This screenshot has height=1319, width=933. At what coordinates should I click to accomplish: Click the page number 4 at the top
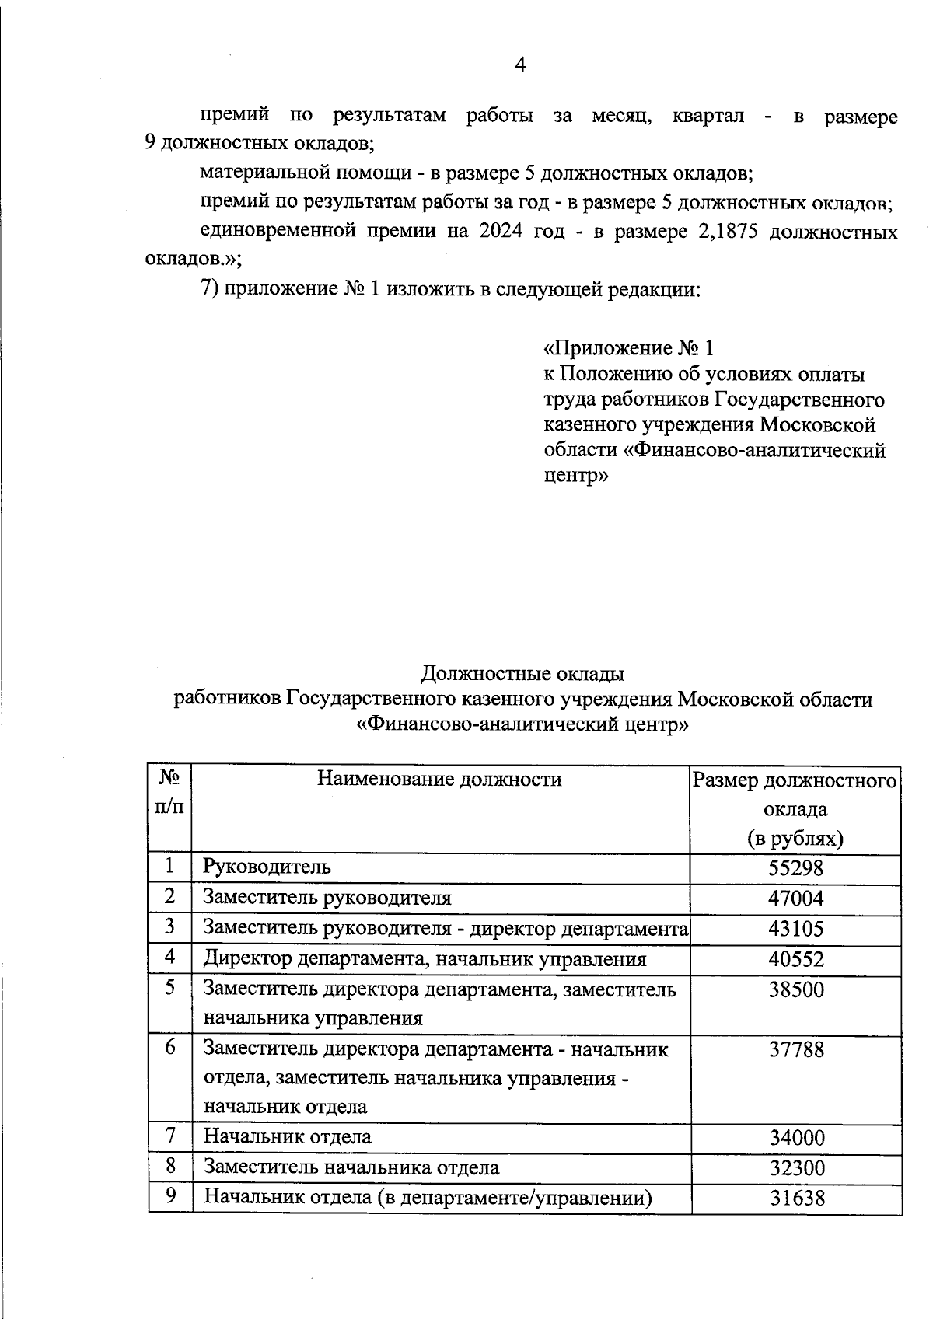pos(520,65)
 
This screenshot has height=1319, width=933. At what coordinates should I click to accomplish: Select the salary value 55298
pos(795,867)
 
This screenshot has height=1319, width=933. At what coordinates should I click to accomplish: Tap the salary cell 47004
pos(795,899)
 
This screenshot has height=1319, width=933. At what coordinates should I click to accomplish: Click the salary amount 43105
pos(795,929)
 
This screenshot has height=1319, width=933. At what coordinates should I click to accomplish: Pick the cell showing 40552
pos(795,959)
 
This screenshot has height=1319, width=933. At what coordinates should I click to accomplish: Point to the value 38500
pos(795,989)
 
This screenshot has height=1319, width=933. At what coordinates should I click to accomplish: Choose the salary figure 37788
pos(795,1050)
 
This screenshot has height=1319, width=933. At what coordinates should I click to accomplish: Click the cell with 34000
pos(796,1138)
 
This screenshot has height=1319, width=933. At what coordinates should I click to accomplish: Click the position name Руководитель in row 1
pos(267,867)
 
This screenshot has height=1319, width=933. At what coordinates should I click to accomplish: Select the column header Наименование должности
pos(439,779)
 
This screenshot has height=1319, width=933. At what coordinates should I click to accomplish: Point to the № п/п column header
pos(170,793)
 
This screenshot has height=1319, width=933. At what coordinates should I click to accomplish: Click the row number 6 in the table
pos(170,1047)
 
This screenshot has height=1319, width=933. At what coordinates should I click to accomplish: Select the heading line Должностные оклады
pos(522,672)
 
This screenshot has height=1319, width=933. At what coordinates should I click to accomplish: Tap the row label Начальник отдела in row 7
pos(287,1137)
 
